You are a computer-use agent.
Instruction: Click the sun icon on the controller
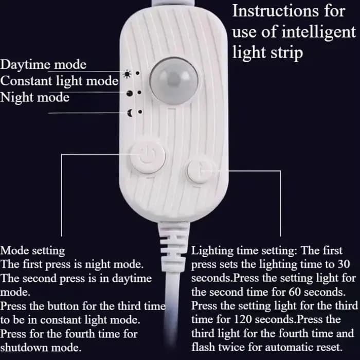(127, 74)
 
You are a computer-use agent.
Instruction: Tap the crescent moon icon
(130, 113)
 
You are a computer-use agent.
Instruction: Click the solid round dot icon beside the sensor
(130, 93)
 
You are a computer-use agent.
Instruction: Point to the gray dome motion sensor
(174, 81)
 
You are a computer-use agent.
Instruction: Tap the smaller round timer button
(200, 171)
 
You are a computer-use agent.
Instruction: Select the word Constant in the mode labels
(26, 81)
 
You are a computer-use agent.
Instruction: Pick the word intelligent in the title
(319, 32)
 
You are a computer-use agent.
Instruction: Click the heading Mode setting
(32, 251)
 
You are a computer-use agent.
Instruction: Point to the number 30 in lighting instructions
(344, 264)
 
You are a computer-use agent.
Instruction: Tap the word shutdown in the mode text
(24, 348)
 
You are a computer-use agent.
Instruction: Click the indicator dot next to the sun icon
(137, 73)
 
